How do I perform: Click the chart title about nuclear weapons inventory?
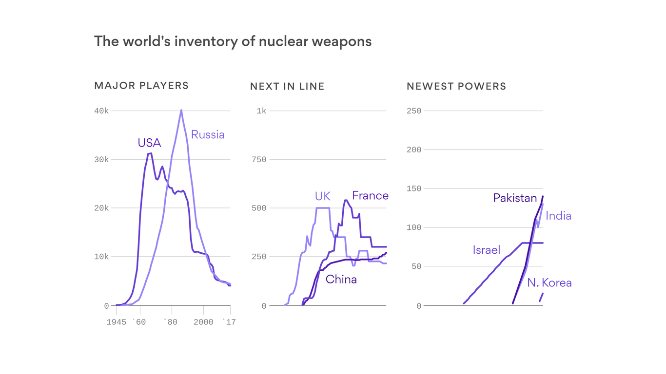coord(233,41)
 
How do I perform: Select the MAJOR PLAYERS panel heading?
coord(141,86)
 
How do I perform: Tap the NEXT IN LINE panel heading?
coord(287,86)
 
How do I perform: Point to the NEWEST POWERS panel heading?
coord(456,86)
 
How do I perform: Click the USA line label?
coord(149,143)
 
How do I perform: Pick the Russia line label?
coord(208,134)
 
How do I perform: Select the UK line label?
coord(322,196)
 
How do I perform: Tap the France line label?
coord(370,195)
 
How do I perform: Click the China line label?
coord(341,279)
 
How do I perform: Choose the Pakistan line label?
coord(514,198)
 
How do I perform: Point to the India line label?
coord(558,215)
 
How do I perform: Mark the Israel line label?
coord(486,250)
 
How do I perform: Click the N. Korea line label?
coord(549,282)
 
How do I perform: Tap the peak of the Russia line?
coord(181,110)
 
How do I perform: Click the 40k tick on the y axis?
coord(101,111)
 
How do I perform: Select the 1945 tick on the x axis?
coord(117,322)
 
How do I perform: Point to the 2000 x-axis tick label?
coord(203,322)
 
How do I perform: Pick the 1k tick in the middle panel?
coord(261,111)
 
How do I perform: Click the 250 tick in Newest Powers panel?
coord(413,111)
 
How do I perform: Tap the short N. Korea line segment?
coord(541,297)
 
